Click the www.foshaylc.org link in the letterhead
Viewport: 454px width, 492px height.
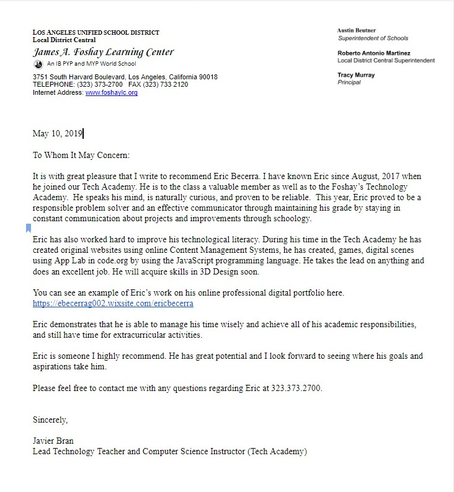[111, 93]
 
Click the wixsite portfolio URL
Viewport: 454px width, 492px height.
[113, 304]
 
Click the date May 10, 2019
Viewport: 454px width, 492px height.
[57, 133]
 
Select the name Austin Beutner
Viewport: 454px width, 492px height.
[357, 30]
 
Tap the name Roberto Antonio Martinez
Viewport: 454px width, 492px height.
[374, 53]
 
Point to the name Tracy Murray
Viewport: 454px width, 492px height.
[356, 75]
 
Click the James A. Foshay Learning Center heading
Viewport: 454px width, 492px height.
[103, 52]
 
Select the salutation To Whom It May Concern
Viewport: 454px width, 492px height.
[81, 156]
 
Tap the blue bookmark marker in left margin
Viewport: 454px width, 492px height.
[29, 228]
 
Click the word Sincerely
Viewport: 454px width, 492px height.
[50, 420]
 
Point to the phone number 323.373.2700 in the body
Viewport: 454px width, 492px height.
[296, 389]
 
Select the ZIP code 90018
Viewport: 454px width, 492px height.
[207, 77]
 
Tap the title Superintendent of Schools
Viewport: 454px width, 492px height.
[373, 38]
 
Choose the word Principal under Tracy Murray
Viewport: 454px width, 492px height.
[349, 82]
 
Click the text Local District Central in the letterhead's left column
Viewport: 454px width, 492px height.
[64, 40]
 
